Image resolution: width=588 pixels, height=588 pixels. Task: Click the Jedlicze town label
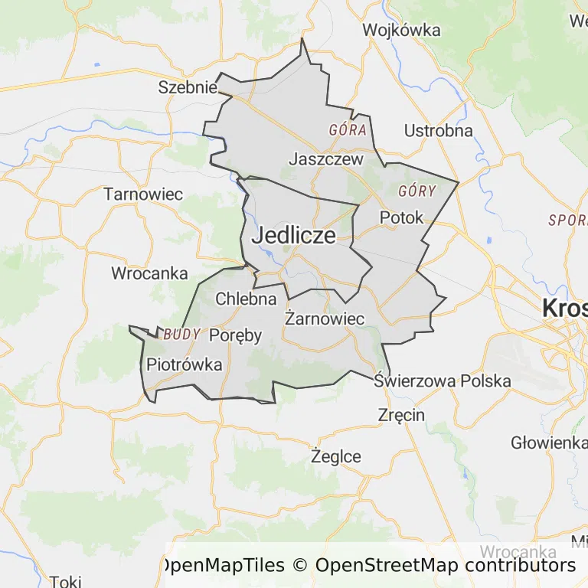[293, 235]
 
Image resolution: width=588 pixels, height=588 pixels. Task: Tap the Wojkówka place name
[402, 30]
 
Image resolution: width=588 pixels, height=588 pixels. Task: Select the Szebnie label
[188, 87]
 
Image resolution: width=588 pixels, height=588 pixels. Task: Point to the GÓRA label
[348, 129]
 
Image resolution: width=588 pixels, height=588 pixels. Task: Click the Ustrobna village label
[438, 130]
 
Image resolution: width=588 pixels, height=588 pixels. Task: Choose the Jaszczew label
[325, 159]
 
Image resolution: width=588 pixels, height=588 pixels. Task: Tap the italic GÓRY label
[417, 191]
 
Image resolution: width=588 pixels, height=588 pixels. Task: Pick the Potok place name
[401, 217]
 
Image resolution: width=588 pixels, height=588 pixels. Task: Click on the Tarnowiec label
[144, 194]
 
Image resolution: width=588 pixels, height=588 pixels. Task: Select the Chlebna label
[246, 299]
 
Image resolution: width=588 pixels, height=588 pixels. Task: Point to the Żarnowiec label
[324, 318]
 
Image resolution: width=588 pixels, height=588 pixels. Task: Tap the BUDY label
[182, 334]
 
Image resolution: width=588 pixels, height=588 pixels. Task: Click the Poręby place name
[235, 335]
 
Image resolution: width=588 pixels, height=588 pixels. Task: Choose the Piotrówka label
[185, 364]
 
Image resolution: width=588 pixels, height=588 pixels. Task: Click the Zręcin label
[401, 415]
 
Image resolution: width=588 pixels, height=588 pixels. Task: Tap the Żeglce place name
[336, 456]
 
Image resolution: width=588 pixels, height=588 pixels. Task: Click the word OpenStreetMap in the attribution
[387, 566]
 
